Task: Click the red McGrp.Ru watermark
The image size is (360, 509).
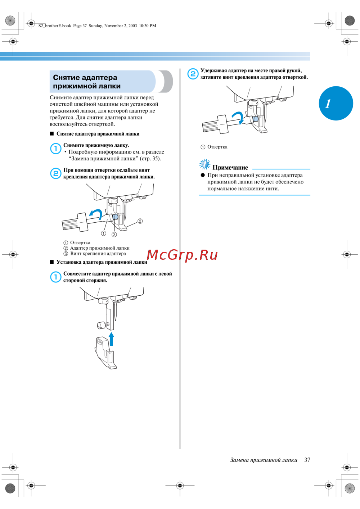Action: (x=182, y=255)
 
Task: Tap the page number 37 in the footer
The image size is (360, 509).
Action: (x=307, y=460)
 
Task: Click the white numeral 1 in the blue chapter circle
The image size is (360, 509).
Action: (x=328, y=104)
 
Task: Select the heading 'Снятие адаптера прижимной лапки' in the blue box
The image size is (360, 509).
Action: (x=87, y=82)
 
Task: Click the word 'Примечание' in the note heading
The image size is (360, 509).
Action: (x=230, y=168)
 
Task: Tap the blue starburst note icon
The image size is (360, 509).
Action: (x=205, y=164)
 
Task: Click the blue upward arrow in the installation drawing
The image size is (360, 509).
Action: (x=111, y=339)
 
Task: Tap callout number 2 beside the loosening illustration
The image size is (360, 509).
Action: (x=140, y=221)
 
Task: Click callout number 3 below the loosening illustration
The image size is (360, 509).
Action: (x=114, y=234)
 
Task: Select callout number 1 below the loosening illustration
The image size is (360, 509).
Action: (x=103, y=233)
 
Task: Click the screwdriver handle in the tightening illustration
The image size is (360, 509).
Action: (x=215, y=124)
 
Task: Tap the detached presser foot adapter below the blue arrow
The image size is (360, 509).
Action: (x=105, y=353)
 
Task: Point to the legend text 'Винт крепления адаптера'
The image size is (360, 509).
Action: (x=98, y=254)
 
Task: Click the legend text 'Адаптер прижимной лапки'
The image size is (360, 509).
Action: (x=100, y=248)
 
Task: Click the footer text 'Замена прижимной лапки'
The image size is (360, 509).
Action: (x=264, y=460)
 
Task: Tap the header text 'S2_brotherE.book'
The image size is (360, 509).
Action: (x=55, y=26)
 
